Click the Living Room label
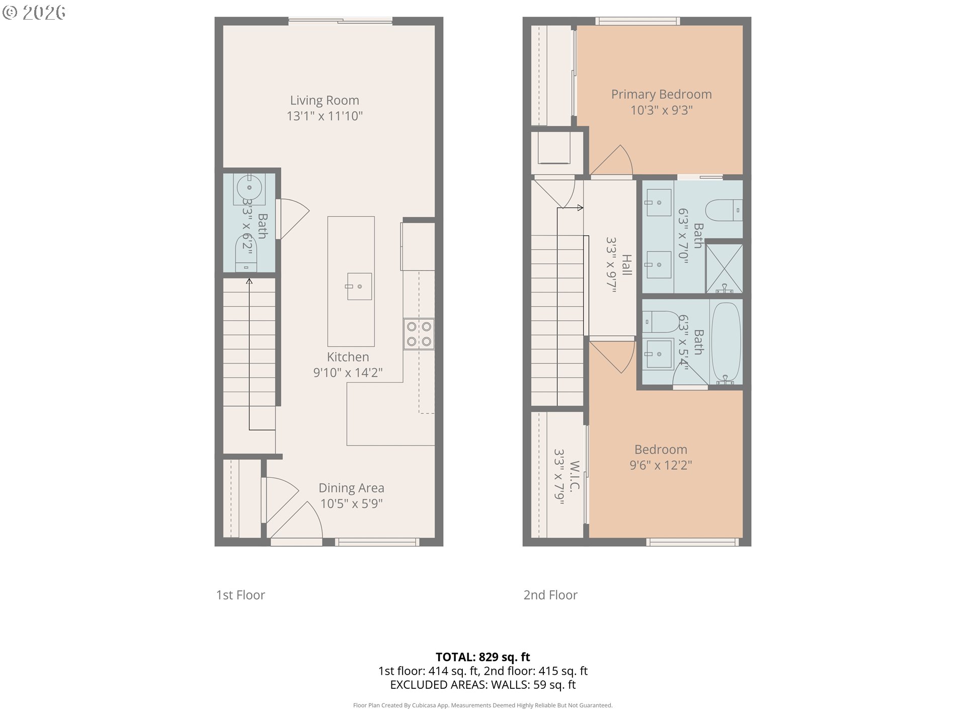pyautogui.click(x=325, y=100)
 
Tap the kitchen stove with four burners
pyautogui.click(x=419, y=334)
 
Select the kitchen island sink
pyautogui.click(x=359, y=286)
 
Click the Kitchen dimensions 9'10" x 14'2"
pyautogui.click(x=348, y=373)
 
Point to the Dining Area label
pyautogui.click(x=351, y=488)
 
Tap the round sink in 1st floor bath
pyautogui.click(x=249, y=188)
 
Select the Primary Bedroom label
pyautogui.click(x=661, y=95)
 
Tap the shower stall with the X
pyautogui.click(x=724, y=268)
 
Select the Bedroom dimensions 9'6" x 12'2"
pyautogui.click(x=661, y=465)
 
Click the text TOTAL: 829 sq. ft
pyautogui.click(x=482, y=657)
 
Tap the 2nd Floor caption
pyautogui.click(x=550, y=595)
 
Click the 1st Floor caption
pyautogui.click(x=240, y=595)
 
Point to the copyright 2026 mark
pyautogui.click(x=34, y=12)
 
